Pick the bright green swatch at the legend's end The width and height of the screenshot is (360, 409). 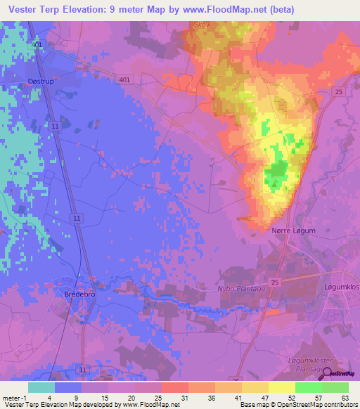tap(335, 387)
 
